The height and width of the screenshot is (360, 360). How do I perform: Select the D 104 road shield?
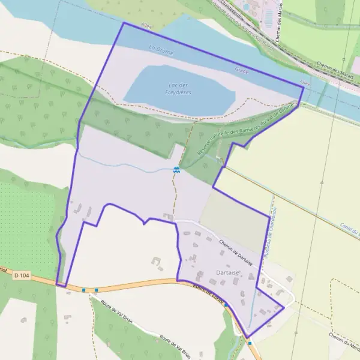(x=22, y=275)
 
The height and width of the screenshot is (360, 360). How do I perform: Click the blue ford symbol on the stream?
(x=176, y=170)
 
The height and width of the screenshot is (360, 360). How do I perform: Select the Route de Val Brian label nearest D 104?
(x=116, y=312)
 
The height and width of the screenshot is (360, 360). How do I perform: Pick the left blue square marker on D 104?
(x=83, y=289)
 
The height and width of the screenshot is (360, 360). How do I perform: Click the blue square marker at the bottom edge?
(x=250, y=343)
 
